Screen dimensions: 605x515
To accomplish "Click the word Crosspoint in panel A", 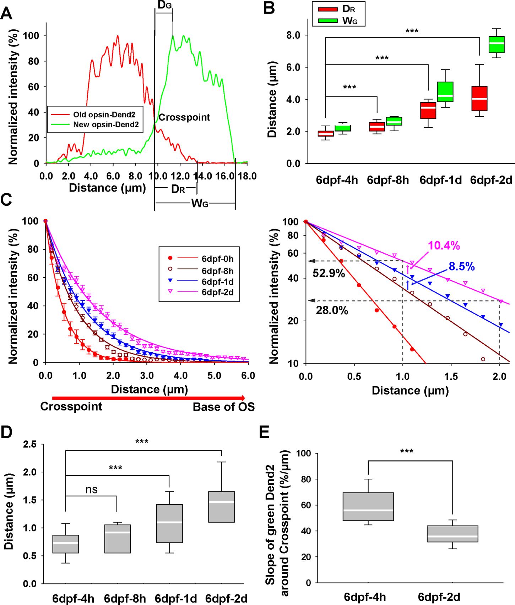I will click(184, 117).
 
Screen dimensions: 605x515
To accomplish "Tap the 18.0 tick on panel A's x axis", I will click(247, 176).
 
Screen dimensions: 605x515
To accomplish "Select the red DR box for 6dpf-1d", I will click(428, 110).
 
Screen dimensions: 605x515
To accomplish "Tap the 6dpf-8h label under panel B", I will click(388, 180).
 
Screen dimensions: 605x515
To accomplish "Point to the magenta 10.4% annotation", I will click(444, 245).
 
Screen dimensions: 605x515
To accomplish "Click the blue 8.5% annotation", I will click(461, 267).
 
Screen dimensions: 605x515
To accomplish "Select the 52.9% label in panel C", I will click(329, 273).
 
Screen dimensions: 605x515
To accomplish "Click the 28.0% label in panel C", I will click(332, 311).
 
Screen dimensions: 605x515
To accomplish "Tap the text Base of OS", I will click(224, 407).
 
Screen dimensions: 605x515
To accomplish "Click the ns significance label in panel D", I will click(91, 490).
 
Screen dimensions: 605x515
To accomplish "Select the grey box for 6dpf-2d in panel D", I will click(221, 506).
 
